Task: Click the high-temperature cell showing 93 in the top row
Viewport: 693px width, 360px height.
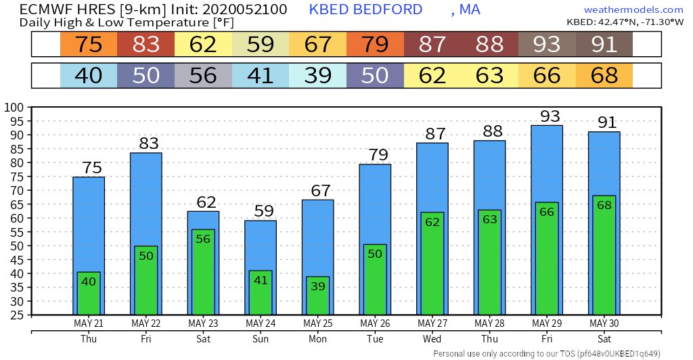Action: point(546,45)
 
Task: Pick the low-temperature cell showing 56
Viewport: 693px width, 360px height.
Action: point(203,74)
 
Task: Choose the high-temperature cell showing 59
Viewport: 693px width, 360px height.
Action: point(260,45)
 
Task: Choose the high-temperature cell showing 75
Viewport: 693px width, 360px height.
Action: point(89,45)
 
